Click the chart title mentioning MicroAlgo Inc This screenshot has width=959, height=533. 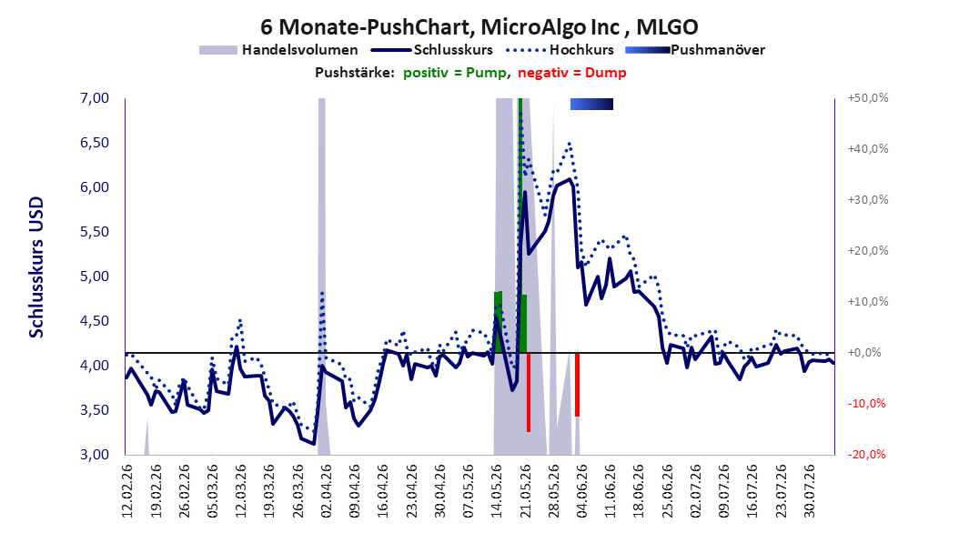[479, 27]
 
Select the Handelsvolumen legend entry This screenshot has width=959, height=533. [279, 50]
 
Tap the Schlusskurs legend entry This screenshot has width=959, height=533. [432, 50]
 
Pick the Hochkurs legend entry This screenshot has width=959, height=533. [560, 50]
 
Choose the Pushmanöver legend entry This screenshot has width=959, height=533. [695, 50]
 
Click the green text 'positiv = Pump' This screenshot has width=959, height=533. [455, 73]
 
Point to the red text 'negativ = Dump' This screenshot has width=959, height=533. [572, 73]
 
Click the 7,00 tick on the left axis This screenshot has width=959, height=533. [95, 98]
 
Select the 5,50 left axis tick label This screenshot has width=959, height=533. [95, 232]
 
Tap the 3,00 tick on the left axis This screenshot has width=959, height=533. [95, 455]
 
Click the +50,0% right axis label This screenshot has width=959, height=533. [868, 98]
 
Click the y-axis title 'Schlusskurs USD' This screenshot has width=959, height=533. [36, 267]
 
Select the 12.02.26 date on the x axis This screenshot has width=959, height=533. [127, 491]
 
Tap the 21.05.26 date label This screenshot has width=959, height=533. [526, 491]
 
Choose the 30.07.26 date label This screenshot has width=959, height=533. [810, 491]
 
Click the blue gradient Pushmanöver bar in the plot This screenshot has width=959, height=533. [591, 105]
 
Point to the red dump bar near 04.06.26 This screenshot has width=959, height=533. [577, 385]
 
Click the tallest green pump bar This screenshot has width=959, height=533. [520, 226]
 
